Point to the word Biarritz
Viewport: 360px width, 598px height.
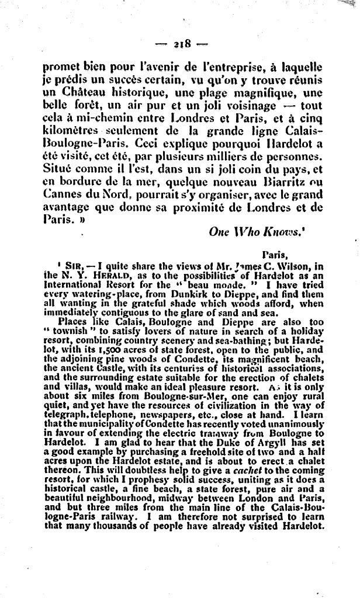pyautogui.click(x=266, y=183)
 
